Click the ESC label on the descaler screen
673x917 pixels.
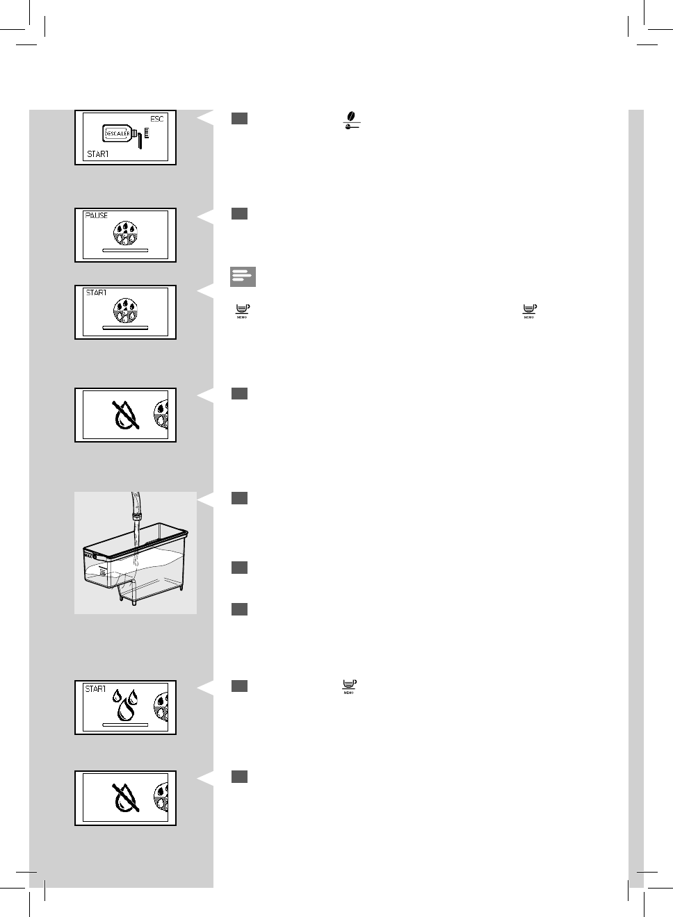coord(157,119)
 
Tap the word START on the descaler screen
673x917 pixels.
coord(98,154)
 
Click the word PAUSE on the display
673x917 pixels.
coord(97,215)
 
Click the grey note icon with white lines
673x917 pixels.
coord(243,276)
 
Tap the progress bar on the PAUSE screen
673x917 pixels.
coord(125,248)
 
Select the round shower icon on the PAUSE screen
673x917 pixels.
coord(125,231)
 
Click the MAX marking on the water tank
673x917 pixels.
coord(89,556)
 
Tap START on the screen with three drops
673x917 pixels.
coord(95,689)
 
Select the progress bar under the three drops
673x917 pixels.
coord(125,724)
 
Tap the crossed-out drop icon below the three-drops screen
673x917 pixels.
coord(125,798)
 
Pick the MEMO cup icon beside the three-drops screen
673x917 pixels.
coord(349,686)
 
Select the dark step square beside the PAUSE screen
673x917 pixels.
coord(239,213)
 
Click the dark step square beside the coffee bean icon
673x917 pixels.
coord(239,119)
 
